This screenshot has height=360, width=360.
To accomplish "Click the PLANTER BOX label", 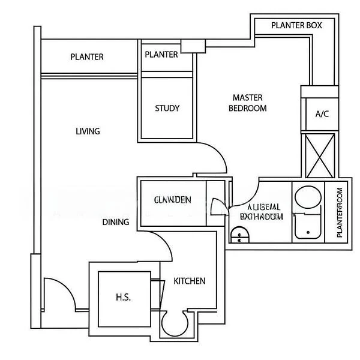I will (x=296, y=25).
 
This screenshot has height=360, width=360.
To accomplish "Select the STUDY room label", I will (x=167, y=109).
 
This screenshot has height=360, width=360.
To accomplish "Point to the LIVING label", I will (x=88, y=131).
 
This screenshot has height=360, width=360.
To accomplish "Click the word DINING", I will (x=115, y=222).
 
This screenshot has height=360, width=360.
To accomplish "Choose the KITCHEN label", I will (x=190, y=281).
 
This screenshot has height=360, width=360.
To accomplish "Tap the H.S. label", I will (x=123, y=298).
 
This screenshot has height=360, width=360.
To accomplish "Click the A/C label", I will (x=322, y=114).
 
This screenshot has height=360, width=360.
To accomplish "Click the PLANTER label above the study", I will (x=161, y=55).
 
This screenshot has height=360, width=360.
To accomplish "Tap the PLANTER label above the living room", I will (x=87, y=57).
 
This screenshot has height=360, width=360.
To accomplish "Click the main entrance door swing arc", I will (x=55, y=294).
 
